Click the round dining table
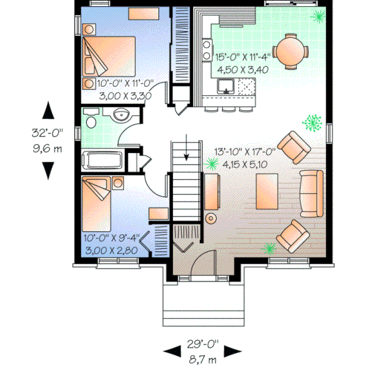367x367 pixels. pos(291,49)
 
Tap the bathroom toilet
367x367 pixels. pos(91,119)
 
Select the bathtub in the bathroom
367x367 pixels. pos(104,160)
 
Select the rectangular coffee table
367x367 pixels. pos(267,190)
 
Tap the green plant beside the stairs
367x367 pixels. pos(212,163)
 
